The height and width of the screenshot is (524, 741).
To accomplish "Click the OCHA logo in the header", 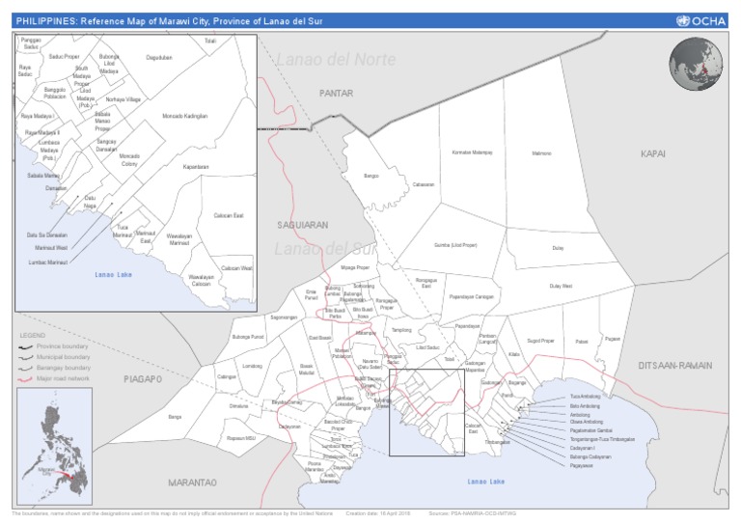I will click(x=702, y=20).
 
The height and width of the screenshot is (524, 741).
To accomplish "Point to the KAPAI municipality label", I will click(x=653, y=153).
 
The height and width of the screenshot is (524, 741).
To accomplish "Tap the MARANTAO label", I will click(x=191, y=481).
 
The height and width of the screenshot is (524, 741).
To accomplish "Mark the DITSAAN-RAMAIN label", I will click(x=674, y=366).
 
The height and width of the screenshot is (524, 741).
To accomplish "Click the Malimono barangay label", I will click(x=542, y=152).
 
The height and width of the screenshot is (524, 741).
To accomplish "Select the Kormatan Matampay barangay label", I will click(x=472, y=152).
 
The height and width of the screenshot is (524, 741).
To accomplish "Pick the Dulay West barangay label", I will click(x=561, y=287).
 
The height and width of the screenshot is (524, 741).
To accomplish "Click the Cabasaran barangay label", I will click(x=424, y=184).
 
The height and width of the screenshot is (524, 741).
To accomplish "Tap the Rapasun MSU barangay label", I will click(x=240, y=437).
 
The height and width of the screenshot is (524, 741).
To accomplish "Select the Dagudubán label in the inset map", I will click(x=158, y=85).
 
